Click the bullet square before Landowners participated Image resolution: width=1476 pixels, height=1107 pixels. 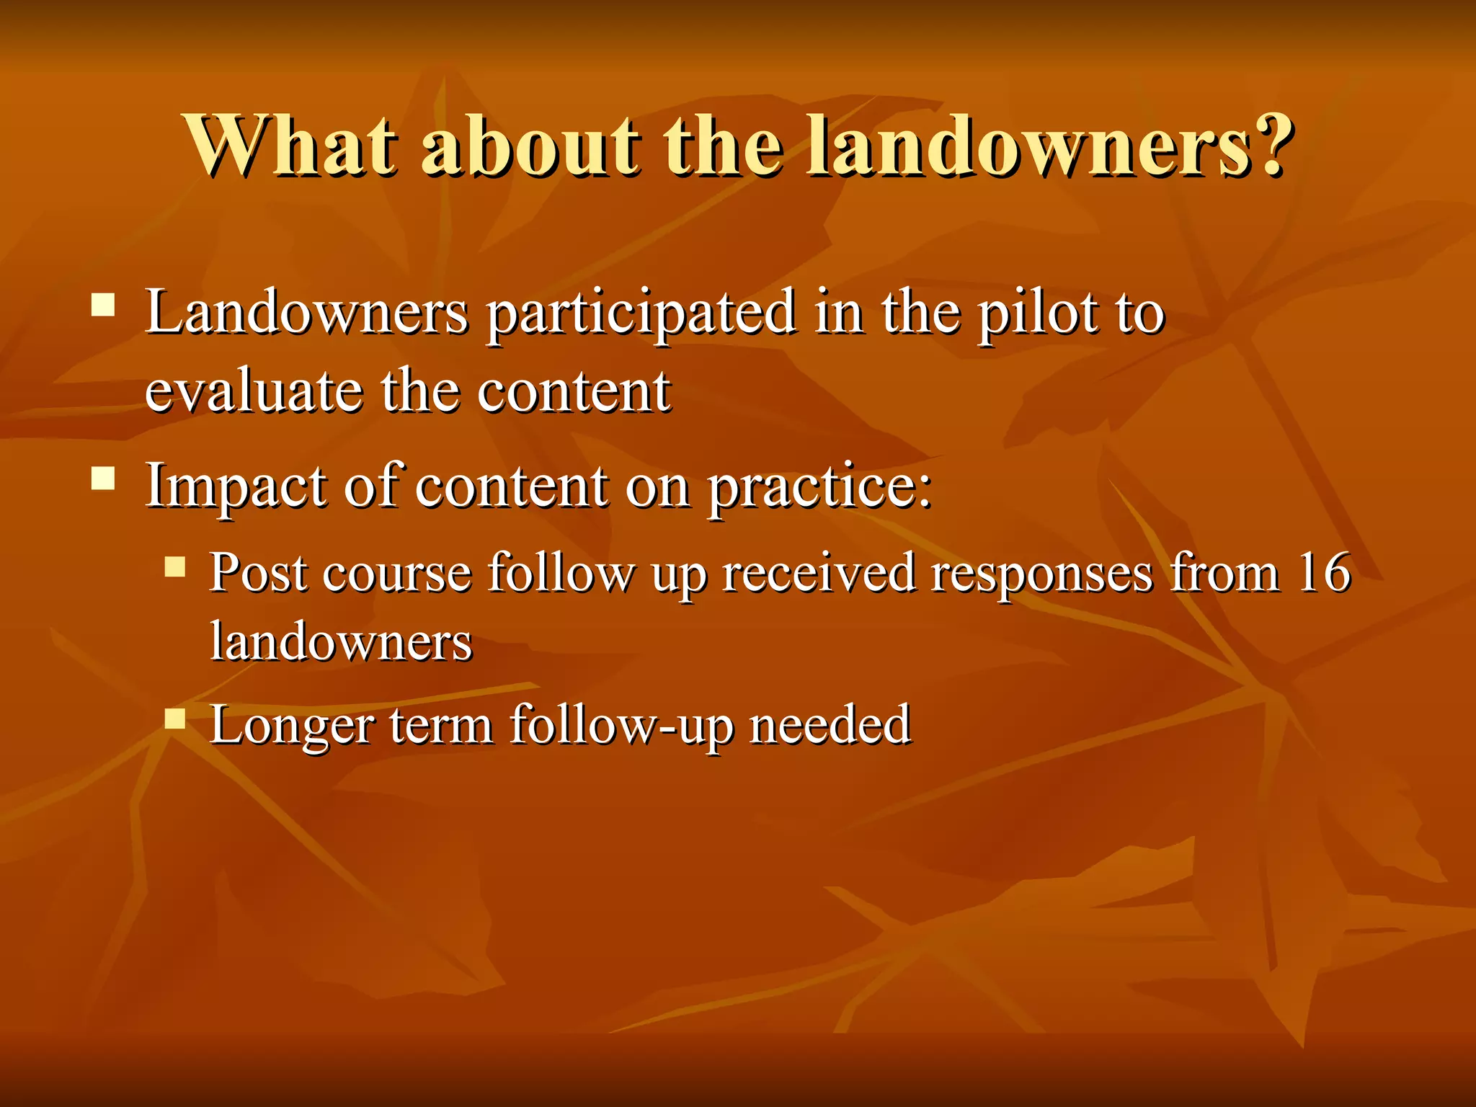(x=104, y=305)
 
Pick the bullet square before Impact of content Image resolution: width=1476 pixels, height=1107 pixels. (x=104, y=478)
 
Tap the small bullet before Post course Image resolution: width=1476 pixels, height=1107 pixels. (x=175, y=566)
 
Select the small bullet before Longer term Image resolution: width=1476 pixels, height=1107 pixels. (x=175, y=719)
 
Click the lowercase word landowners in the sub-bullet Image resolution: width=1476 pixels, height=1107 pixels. (x=341, y=641)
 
